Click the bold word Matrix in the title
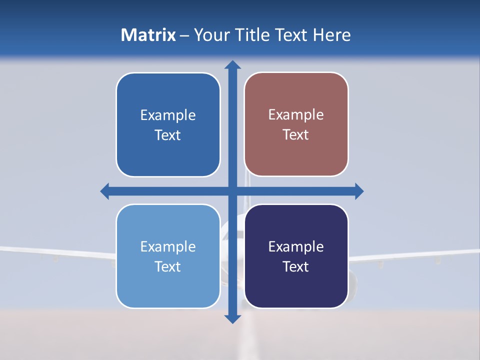click(148, 35)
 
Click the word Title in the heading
click(255, 35)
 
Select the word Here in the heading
click(331, 35)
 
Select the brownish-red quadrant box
click(296, 155)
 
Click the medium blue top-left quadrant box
click(168, 155)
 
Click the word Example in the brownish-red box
click(296, 114)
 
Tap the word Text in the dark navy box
click(296, 266)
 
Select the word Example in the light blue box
click(168, 246)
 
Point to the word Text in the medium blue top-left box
click(168, 135)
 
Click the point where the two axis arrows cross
click(232, 191)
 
